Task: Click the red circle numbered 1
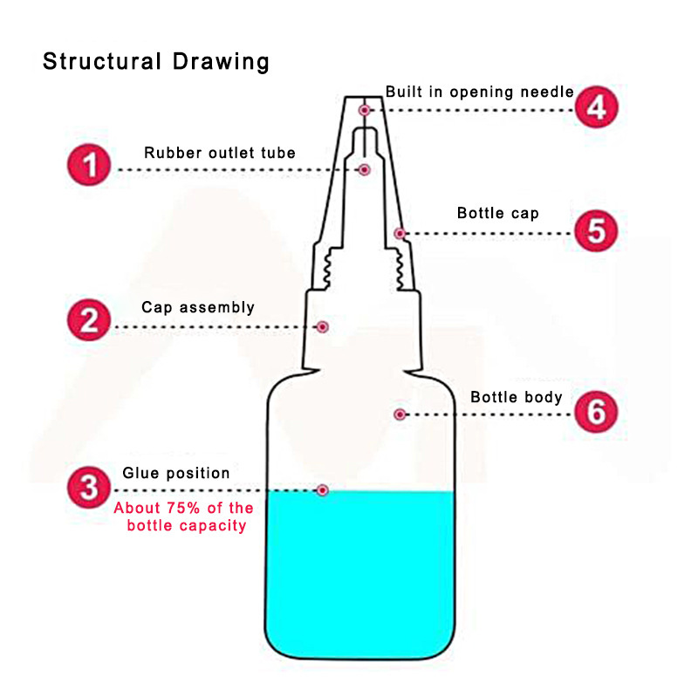point(90,165)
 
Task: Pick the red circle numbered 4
point(597,108)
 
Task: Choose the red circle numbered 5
point(596,231)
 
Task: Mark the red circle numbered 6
point(596,412)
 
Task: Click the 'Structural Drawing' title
point(156,62)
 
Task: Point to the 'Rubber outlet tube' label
point(220,153)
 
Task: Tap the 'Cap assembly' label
point(198,307)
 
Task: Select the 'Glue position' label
point(176,473)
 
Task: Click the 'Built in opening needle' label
point(480,91)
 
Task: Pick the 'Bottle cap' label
point(498,213)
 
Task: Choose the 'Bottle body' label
point(517,397)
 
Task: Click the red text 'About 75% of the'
point(184,508)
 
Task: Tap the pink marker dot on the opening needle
point(365,110)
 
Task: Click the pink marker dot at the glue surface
point(323,490)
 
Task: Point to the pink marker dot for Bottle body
point(400,414)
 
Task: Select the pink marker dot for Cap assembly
point(323,326)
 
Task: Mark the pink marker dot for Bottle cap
point(399,233)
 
